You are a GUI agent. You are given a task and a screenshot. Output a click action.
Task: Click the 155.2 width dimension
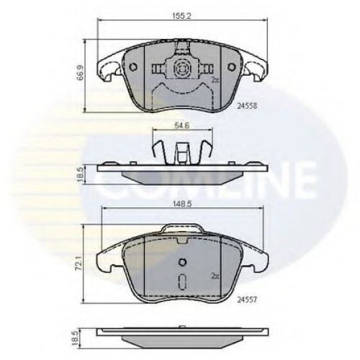[182, 16]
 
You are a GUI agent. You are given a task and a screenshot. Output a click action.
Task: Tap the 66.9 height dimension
[81, 76]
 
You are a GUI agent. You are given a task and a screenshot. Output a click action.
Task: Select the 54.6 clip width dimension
[182, 126]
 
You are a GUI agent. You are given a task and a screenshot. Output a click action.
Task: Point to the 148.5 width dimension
[183, 204]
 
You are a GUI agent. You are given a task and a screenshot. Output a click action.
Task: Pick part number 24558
[247, 106]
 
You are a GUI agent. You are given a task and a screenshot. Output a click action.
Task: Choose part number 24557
[247, 300]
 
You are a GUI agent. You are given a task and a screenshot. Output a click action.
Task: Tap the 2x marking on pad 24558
[215, 80]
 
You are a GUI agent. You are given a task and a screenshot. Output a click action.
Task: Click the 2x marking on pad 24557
[215, 276]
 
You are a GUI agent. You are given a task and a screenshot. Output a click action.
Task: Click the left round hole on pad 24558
[132, 67]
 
